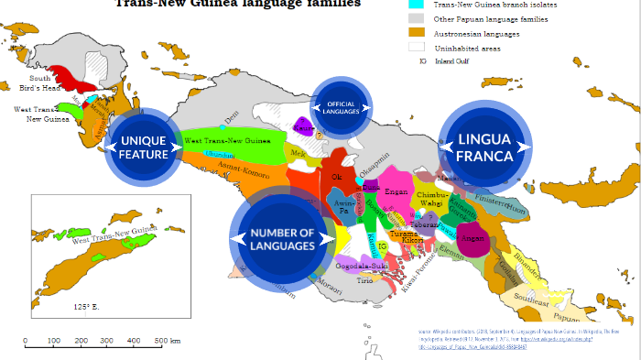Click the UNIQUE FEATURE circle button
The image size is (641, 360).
tap(144, 147)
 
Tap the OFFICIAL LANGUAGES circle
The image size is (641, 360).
tap(341, 106)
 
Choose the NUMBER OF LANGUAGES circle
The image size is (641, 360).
tap(282, 240)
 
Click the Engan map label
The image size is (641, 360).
tap(397, 193)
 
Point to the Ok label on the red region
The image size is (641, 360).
tap(335, 177)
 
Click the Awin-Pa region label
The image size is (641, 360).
tap(344, 207)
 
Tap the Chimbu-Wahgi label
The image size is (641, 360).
tap(431, 200)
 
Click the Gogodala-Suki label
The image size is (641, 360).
tap(363, 266)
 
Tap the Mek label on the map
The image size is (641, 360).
tap(297, 153)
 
